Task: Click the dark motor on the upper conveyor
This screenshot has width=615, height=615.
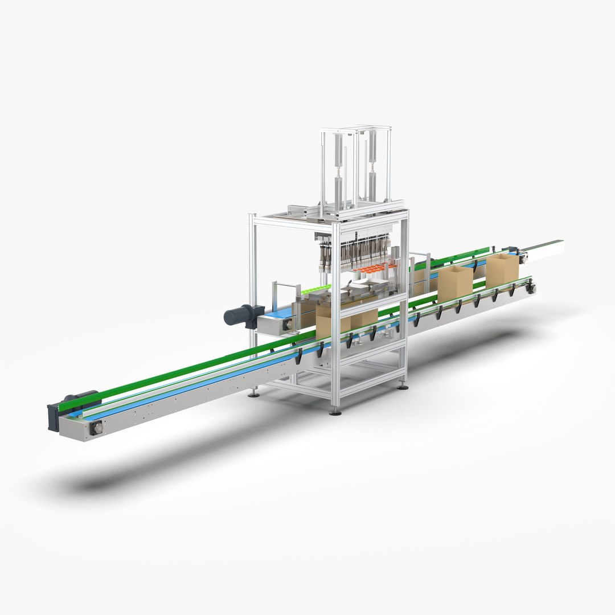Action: click(241, 314)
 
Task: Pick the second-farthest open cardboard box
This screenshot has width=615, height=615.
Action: click(455, 283)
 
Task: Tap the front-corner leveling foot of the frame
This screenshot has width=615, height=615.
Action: click(335, 411)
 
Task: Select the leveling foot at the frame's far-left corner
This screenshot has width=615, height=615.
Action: click(254, 392)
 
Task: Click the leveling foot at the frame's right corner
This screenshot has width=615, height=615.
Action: click(403, 387)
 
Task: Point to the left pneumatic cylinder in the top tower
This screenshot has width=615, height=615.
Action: click(339, 171)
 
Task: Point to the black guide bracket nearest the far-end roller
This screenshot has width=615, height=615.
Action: click(513, 290)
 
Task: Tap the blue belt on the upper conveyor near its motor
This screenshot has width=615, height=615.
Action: click(279, 313)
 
